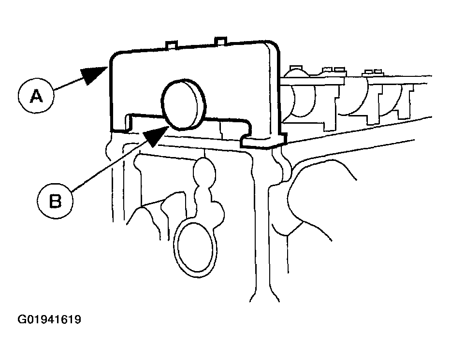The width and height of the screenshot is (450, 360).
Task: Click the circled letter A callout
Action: point(36,96)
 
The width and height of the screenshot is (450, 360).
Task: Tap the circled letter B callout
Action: point(55,201)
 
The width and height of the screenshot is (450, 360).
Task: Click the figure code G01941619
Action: point(49,319)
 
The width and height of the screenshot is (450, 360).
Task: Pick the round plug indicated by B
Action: point(183,104)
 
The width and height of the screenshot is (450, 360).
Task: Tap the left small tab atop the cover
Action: point(171,44)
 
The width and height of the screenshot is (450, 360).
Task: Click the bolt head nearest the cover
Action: point(296,68)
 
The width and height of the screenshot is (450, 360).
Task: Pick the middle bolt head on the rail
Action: point(334,70)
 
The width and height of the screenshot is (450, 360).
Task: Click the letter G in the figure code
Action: point(21,319)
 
